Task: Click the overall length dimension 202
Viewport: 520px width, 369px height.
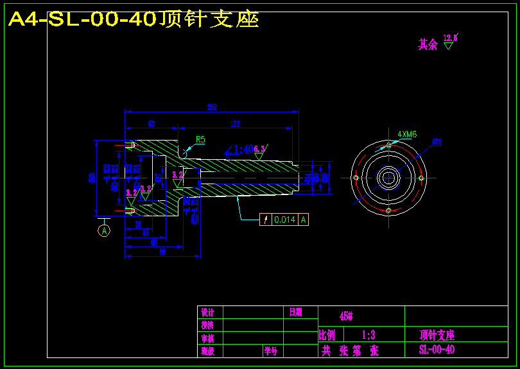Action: (x=211, y=107)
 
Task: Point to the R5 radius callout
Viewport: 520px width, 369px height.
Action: (x=200, y=139)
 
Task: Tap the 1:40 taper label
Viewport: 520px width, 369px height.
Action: (x=243, y=150)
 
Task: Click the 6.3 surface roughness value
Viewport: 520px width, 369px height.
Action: (x=259, y=149)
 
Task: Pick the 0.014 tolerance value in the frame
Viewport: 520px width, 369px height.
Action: (x=284, y=219)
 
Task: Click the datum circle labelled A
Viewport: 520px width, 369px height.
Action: (x=104, y=228)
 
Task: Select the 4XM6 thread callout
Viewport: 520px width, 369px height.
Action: (x=407, y=134)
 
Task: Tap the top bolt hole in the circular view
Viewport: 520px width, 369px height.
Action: (x=388, y=145)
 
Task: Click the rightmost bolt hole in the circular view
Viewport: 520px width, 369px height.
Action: (x=421, y=178)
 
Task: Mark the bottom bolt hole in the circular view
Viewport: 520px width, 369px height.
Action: (x=388, y=210)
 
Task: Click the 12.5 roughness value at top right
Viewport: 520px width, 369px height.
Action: (x=450, y=38)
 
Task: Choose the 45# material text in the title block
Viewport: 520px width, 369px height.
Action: (x=346, y=316)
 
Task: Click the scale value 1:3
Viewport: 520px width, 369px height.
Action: (x=368, y=335)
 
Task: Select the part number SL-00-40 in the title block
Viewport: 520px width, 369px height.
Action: (x=437, y=350)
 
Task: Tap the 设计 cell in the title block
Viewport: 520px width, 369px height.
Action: (x=207, y=313)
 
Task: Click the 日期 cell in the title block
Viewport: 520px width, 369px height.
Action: (x=295, y=313)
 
